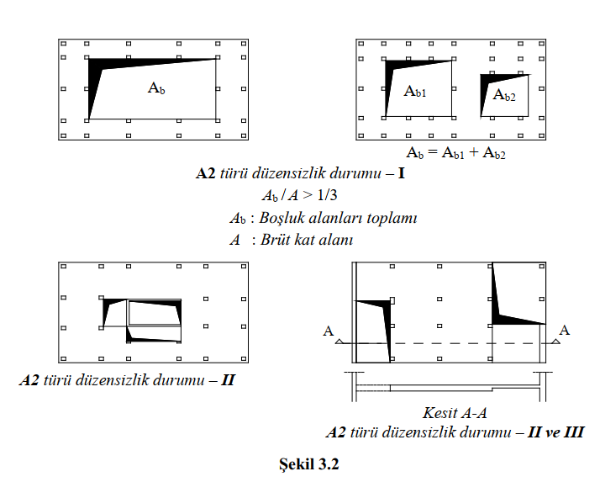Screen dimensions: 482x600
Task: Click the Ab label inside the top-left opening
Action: click(x=156, y=87)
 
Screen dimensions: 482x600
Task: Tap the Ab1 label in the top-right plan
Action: click(x=415, y=92)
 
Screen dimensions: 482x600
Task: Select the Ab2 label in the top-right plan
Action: click(x=505, y=96)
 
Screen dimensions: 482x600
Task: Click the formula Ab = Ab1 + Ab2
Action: click(x=455, y=153)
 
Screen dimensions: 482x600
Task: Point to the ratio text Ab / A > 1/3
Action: click(x=299, y=195)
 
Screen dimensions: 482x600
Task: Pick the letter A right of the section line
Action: click(x=565, y=331)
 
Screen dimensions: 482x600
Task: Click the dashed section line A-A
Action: click(x=445, y=343)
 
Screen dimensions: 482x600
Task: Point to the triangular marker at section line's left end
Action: click(x=339, y=342)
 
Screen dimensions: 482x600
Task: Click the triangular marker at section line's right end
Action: click(x=556, y=342)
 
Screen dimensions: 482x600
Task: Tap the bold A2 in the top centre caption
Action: click(x=207, y=175)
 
